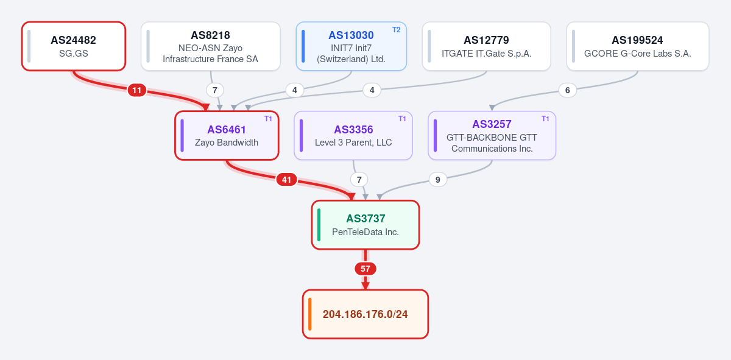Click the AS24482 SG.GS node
point(74,46)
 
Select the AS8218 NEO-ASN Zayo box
point(211,46)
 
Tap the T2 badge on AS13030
point(396,30)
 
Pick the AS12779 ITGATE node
point(486,46)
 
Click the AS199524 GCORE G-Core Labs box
point(637,46)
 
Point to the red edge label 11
point(136,90)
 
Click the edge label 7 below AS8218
point(214,90)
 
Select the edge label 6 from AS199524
point(568,90)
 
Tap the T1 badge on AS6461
point(268,119)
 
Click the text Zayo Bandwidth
point(227,143)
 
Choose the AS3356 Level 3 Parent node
point(353,135)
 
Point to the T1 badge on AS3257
point(545,119)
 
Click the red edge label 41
point(286,180)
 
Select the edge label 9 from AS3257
point(437,180)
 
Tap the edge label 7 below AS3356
point(359,180)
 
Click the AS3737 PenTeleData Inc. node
point(365,225)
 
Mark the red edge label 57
point(365,269)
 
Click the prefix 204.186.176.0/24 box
point(365,314)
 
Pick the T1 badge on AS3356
point(402,119)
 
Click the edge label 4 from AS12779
point(372,90)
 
